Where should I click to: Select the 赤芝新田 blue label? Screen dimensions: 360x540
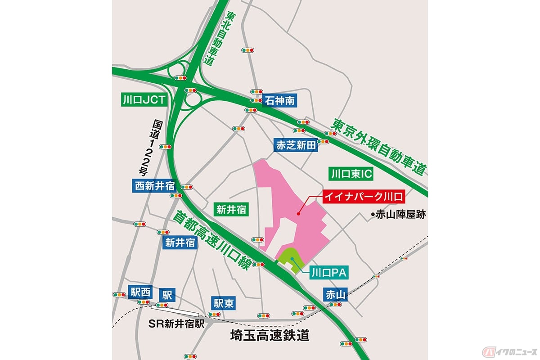[297, 145]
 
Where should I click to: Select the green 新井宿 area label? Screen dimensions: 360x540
[231, 209]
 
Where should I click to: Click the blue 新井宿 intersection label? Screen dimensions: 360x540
[180, 243]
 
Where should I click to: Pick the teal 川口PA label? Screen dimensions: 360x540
[327, 272]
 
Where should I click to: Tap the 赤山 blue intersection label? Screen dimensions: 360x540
[334, 295]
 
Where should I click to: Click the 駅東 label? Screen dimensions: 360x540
[224, 303]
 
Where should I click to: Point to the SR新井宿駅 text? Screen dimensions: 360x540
[177, 324]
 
